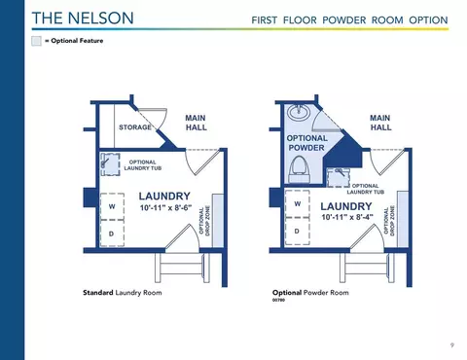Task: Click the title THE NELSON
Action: [x=83, y=18]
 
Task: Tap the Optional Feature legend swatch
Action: [x=36, y=41]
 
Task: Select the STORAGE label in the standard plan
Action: [x=135, y=127]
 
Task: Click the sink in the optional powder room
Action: [x=299, y=112]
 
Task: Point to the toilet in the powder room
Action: [x=300, y=169]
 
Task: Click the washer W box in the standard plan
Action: [x=112, y=206]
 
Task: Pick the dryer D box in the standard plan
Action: [x=112, y=234]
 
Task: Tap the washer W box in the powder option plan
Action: [x=298, y=203]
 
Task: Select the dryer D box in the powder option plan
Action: [x=298, y=232]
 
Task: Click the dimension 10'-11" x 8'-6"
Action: [x=165, y=208]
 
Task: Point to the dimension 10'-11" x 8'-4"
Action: [x=347, y=217]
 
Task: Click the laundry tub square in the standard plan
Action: [x=110, y=164]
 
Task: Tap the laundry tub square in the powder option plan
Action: [x=338, y=177]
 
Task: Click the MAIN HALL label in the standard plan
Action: [x=196, y=123]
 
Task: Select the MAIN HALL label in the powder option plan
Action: [x=380, y=123]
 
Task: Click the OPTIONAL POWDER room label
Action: [x=306, y=143]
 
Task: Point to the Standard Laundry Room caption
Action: [x=123, y=293]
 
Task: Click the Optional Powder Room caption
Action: [x=310, y=293]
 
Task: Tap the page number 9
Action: [x=452, y=345]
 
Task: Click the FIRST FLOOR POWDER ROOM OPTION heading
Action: [x=349, y=20]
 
